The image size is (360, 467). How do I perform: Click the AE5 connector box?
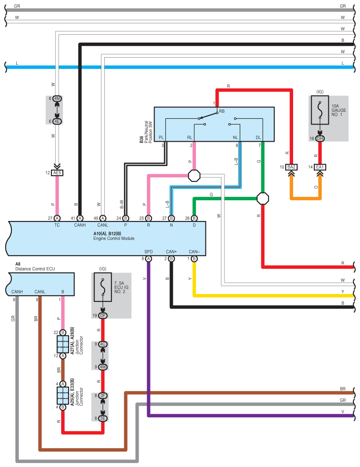point(57,173)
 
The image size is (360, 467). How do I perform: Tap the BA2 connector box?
point(291,167)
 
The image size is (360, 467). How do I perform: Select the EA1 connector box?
point(320,167)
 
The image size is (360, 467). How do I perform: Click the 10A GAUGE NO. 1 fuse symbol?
point(320,110)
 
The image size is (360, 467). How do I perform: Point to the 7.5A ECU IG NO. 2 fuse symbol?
point(103,287)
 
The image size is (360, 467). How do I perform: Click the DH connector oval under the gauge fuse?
point(320,139)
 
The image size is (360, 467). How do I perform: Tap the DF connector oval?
point(103,316)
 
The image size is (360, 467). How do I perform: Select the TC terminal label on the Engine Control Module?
point(57,225)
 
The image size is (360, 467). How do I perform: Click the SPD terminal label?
point(149,252)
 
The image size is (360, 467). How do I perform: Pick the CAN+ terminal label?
point(171,252)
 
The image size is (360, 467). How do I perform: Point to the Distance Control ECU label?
point(35,268)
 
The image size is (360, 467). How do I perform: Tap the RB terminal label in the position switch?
point(222,111)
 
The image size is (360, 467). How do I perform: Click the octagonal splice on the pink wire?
point(194,176)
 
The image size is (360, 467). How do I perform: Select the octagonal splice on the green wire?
point(263,199)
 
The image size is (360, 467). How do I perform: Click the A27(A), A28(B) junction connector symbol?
point(63,344)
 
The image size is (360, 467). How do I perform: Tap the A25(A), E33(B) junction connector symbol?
point(63,396)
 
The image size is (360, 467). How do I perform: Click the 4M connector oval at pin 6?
point(57,99)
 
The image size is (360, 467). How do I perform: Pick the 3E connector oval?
point(103,419)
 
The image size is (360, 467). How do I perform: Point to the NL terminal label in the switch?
point(235,138)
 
